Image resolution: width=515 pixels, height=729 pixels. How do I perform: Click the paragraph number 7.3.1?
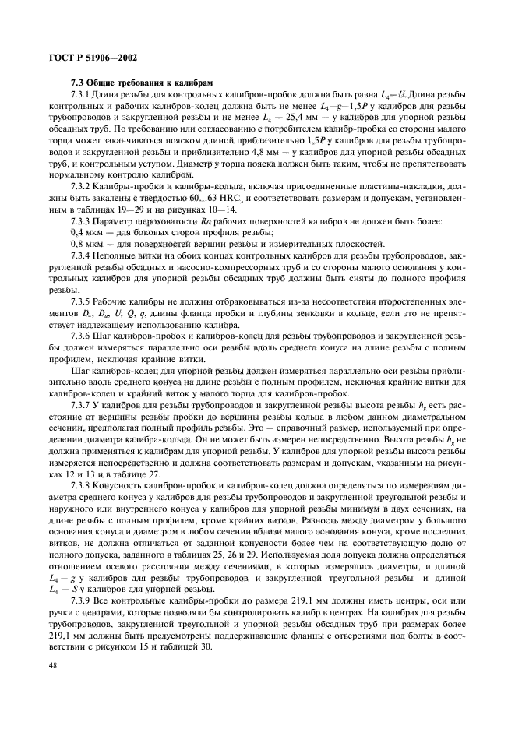tap(83, 94)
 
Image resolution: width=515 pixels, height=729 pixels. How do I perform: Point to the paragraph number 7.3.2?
tap(83, 188)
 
